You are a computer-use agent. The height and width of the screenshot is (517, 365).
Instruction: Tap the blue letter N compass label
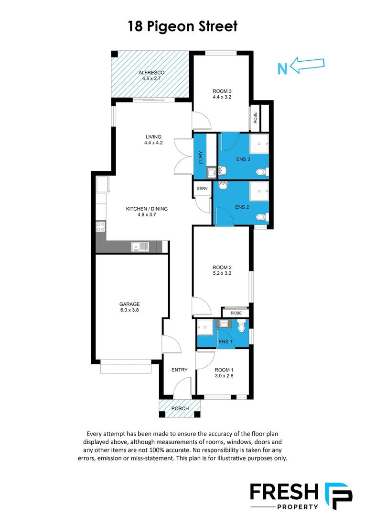(282, 69)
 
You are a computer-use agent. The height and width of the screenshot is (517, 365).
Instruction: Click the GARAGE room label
(129, 304)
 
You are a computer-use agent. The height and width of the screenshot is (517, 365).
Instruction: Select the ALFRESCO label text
(151, 73)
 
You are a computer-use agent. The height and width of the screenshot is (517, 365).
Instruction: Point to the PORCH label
(180, 408)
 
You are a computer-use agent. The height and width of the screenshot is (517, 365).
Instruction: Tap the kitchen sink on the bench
(140, 247)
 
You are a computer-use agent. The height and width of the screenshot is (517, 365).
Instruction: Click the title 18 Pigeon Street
(182, 26)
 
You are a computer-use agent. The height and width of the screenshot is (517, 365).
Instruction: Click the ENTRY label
(180, 370)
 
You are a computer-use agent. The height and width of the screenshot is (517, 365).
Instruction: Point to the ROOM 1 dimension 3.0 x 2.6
(224, 376)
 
